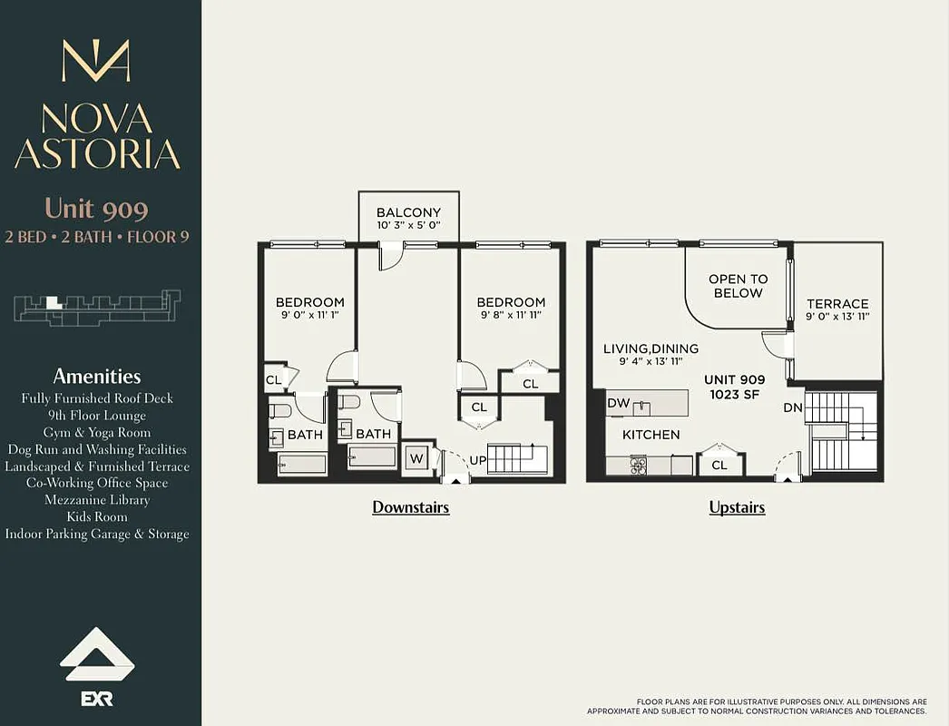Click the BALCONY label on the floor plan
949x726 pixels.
[x=408, y=212]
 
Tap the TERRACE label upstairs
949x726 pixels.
[x=837, y=304]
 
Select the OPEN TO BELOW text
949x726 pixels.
[x=738, y=286]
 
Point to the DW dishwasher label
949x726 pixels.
[x=618, y=403]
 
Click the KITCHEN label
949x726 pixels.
[x=651, y=435]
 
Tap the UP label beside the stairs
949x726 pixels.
[x=477, y=460]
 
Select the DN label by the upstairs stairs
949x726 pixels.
[x=793, y=407]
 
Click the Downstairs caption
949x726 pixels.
[x=410, y=507]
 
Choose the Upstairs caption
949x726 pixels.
[x=737, y=507]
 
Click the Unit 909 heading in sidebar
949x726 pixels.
[x=96, y=209]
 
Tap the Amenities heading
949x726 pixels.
[x=96, y=376]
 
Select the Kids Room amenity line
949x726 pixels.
[x=96, y=516]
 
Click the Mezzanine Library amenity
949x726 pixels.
[x=96, y=500]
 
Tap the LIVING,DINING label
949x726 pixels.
[x=651, y=348]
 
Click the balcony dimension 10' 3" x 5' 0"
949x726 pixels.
[x=408, y=225]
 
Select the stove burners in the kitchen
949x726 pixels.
[x=639, y=466]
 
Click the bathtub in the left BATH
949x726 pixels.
[x=302, y=464]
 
